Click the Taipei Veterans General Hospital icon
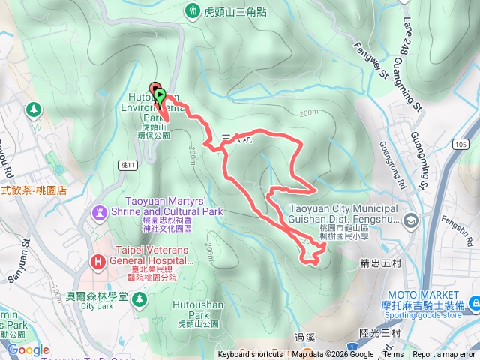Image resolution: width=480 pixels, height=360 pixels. pyautogui.click(x=98, y=262)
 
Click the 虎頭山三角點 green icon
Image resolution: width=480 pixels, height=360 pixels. pyautogui.click(x=193, y=11)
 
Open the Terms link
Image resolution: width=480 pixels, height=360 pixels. pyautogui.click(x=393, y=355)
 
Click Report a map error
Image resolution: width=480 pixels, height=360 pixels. pyautogui.click(x=444, y=355)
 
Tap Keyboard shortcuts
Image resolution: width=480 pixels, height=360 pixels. pyautogui.click(x=250, y=355)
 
